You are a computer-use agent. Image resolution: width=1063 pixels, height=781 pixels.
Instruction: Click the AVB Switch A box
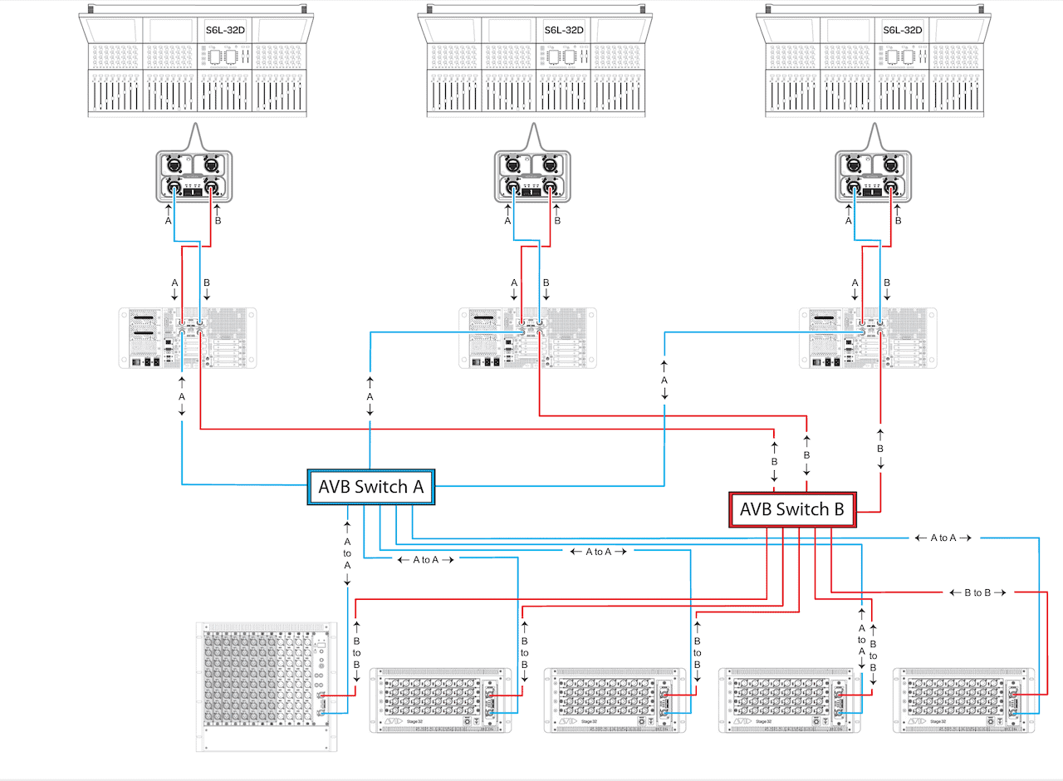(x=371, y=487)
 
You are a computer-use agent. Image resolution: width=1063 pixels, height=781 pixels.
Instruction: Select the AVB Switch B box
(x=792, y=509)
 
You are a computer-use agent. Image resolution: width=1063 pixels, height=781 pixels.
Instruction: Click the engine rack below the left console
(x=188, y=339)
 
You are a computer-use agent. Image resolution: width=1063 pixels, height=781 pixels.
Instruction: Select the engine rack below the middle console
(x=527, y=339)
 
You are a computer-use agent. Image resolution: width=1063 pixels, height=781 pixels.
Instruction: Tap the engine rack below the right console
(x=868, y=339)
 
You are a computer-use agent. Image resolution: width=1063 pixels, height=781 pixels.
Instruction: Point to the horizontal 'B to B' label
(x=977, y=592)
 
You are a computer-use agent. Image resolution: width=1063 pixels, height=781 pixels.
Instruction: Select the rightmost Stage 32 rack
(x=963, y=700)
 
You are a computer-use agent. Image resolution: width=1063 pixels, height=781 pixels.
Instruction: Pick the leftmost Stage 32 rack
(x=438, y=700)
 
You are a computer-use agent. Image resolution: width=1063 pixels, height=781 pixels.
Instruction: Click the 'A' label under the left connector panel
(x=169, y=222)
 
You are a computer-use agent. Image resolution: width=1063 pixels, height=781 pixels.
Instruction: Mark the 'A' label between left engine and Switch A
(x=182, y=398)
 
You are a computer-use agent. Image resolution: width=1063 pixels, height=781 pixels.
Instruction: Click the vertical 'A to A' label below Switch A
(x=347, y=553)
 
